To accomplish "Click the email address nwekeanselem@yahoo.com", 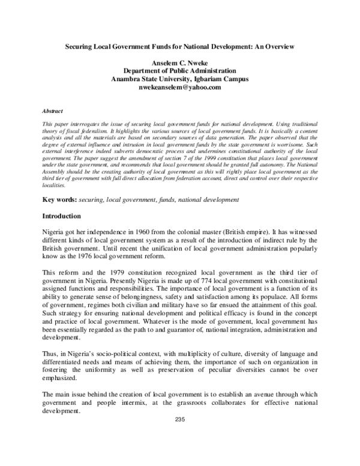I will tap(180, 87).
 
